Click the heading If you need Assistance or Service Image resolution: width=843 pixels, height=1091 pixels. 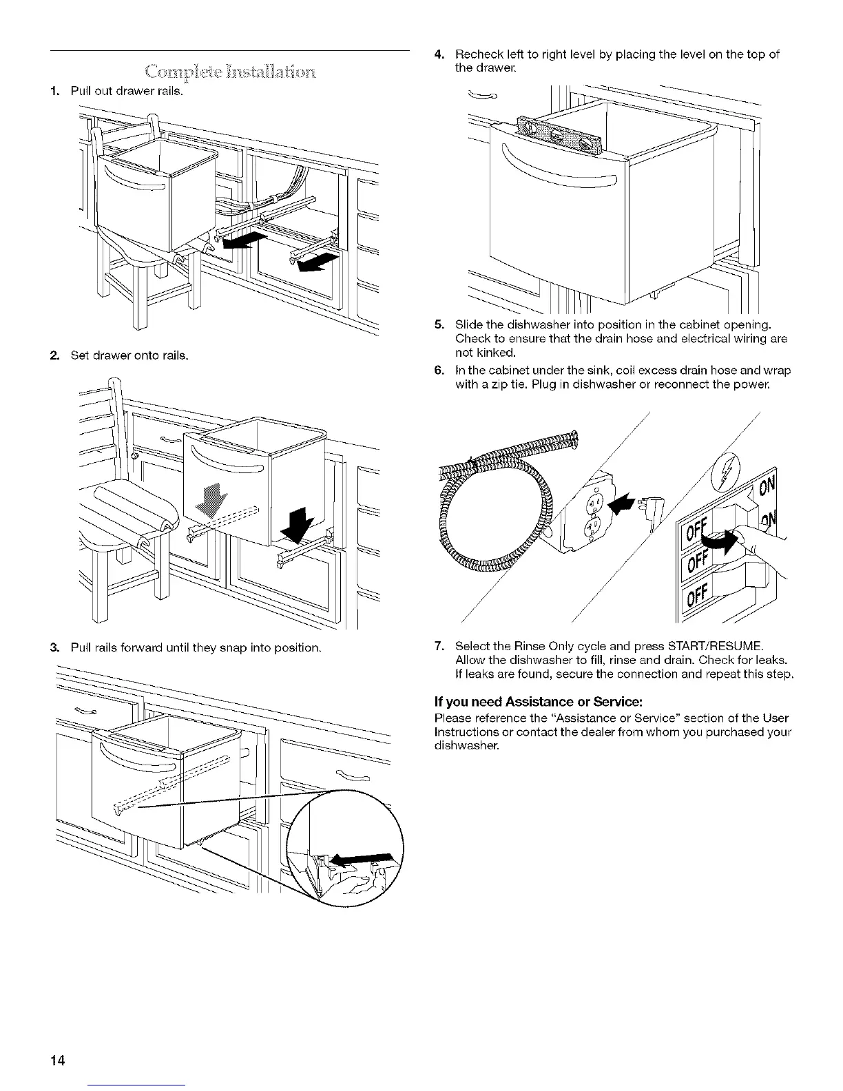point(538,702)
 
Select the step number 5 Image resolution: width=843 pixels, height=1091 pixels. point(438,324)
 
